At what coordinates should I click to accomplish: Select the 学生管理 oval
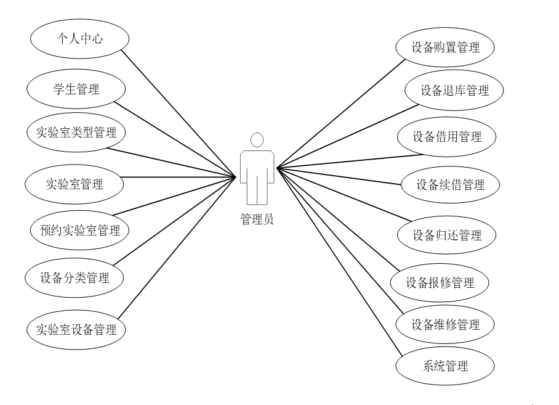click(76, 90)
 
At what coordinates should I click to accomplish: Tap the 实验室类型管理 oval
click(76, 131)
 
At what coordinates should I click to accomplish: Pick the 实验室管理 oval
click(74, 183)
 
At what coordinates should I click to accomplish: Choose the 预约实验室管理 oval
click(75, 231)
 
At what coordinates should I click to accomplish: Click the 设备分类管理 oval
click(74, 278)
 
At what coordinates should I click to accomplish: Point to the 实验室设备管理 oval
click(76, 329)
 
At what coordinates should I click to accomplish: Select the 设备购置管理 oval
click(445, 46)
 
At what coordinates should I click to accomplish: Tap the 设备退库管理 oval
click(454, 91)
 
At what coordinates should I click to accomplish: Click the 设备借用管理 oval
click(446, 137)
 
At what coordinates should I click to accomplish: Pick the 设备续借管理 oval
click(450, 184)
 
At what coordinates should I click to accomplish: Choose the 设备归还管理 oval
click(446, 235)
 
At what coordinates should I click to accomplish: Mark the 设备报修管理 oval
click(440, 283)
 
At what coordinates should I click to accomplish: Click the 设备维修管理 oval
click(445, 323)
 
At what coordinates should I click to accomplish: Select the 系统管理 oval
click(445, 367)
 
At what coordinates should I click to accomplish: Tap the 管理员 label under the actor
click(258, 218)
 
